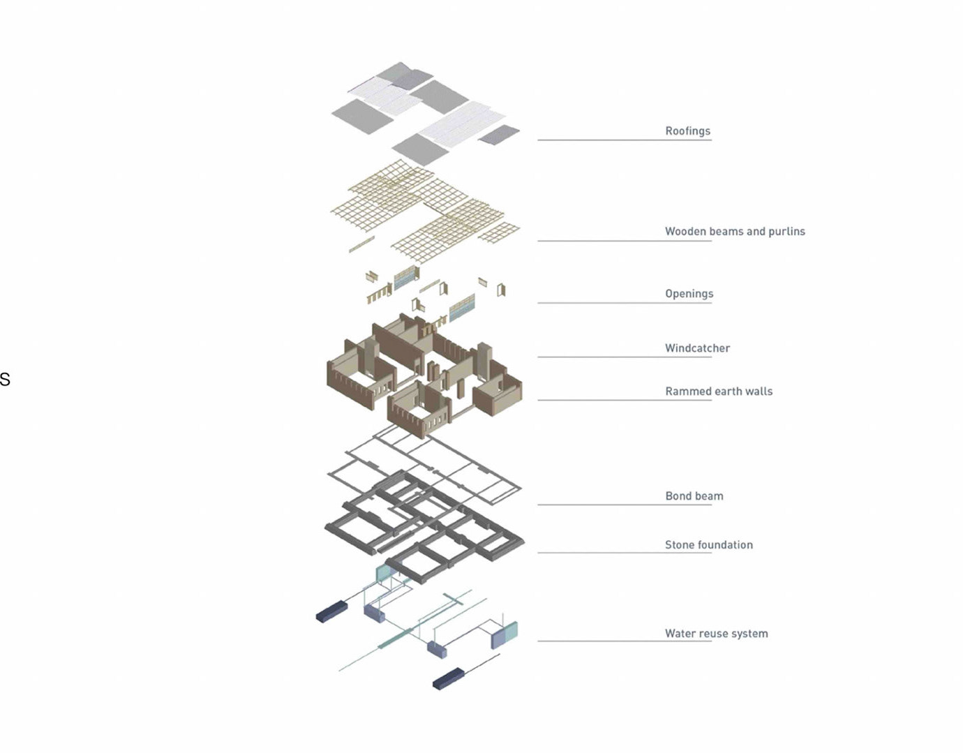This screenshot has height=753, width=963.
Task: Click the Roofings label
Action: coord(687,131)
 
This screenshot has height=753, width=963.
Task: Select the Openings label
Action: coord(689,294)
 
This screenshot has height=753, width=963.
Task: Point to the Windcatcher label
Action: coord(697,348)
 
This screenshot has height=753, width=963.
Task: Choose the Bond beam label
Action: coord(694,496)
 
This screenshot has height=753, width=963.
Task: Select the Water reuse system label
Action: coord(716,634)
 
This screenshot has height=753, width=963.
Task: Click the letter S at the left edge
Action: coord(4,380)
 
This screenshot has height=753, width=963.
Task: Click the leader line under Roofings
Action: coord(625,140)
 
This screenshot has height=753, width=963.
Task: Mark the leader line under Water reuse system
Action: coord(625,641)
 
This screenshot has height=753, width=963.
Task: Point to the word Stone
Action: coord(680,545)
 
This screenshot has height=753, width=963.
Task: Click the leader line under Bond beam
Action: coord(625,505)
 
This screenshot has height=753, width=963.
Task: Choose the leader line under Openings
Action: coord(625,303)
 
